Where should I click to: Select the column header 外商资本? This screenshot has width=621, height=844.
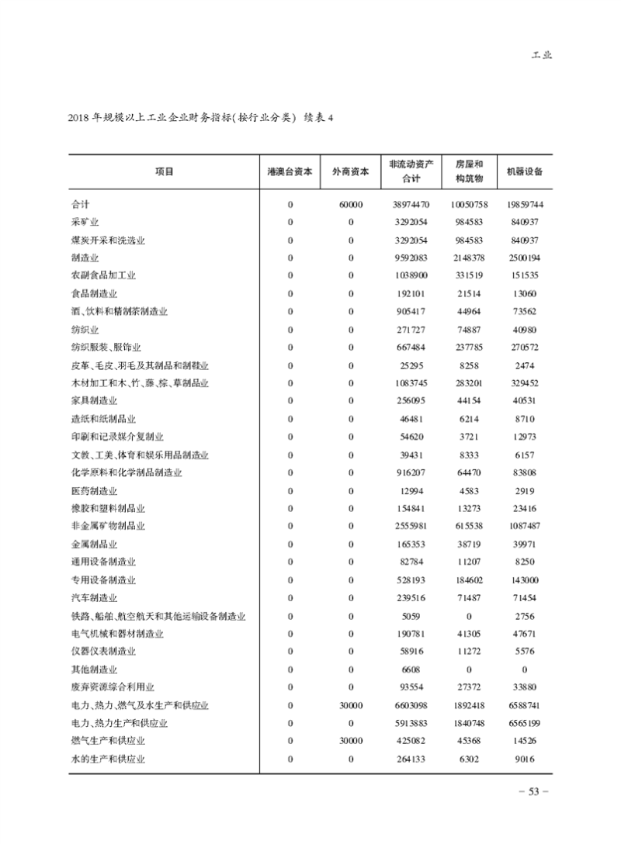[350, 172]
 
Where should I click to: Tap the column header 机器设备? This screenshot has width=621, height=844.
[524, 172]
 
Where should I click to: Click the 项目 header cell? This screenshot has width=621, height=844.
[164, 172]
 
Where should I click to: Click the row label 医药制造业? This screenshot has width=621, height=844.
[94, 491]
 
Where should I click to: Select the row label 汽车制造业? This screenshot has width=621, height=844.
[94, 598]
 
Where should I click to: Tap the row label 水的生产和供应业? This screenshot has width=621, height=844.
[108, 759]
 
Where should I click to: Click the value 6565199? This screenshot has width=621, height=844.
[524, 724]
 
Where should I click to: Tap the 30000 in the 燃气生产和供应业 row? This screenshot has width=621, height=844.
[350, 742]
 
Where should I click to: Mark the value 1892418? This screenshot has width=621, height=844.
[469, 706]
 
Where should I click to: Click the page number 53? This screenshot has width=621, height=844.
[534, 792]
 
